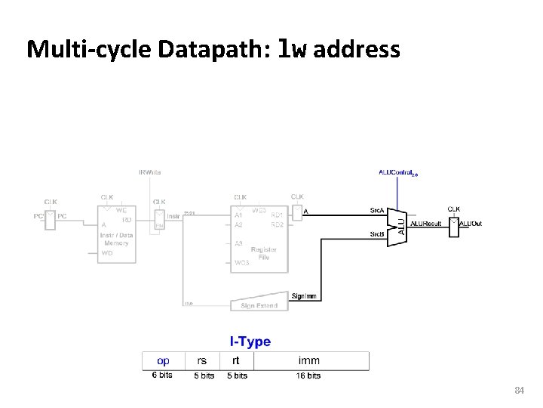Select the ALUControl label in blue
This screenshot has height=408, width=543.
click(x=397, y=172)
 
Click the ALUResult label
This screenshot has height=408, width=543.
click(x=427, y=224)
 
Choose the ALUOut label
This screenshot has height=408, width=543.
click(x=471, y=224)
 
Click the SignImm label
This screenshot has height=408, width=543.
click(x=304, y=296)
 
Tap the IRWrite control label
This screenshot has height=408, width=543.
click(x=149, y=172)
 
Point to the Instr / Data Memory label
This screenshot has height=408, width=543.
click(x=117, y=239)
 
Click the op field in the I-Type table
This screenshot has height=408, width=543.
click(x=162, y=360)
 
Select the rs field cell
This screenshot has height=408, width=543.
click(x=202, y=360)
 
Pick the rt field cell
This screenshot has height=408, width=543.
click(x=237, y=360)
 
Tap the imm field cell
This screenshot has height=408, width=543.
click(x=308, y=360)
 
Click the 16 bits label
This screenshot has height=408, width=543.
click(x=308, y=376)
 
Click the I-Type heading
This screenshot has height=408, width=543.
click(x=250, y=342)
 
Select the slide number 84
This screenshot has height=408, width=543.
click(x=518, y=391)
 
